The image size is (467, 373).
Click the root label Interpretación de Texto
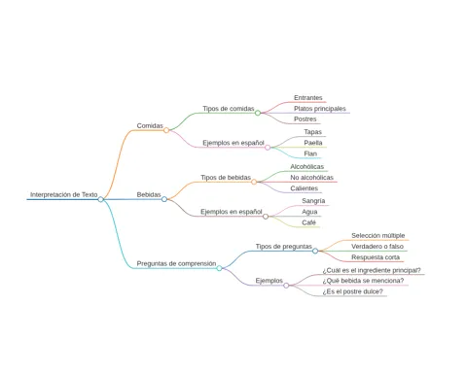click(64, 194)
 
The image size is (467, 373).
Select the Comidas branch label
click(150, 125)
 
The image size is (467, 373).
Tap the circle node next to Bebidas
click(164, 199)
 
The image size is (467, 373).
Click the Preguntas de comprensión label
click(176, 263)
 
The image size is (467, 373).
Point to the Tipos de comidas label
click(229, 109)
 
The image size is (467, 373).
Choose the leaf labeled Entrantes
click(308, 97)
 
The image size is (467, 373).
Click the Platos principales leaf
click(320, 109)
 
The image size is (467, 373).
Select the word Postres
click(305, 119)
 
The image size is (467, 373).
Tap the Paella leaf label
click(313, 143)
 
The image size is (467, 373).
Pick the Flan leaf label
click(310, 153)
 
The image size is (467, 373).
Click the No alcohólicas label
click(311, 178)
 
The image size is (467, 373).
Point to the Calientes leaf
click(305, 188)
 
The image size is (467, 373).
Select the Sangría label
click(313, 201)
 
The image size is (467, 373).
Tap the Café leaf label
click(308, 222)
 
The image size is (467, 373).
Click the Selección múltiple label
click(378, 235)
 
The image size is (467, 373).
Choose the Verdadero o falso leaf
click(377, 247)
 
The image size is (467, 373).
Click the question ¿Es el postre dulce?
click(352, 291)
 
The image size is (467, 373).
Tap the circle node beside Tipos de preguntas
click(315, 251)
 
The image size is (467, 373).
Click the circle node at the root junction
click(101, 199)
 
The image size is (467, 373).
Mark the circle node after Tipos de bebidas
click(254, 182)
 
